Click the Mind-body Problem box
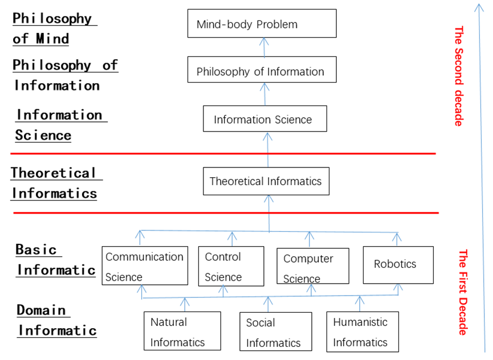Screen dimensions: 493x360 point(262,23)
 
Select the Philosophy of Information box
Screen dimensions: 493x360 point(262,69)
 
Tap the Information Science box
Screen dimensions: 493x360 point(265,118)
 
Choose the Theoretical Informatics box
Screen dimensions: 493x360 point(266,181)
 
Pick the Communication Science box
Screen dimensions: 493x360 point(145,266)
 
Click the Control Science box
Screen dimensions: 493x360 point(231,267)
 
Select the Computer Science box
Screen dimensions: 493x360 point(313,266)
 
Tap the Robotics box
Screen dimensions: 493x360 point(398,265)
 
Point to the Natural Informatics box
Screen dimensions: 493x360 point(182,331)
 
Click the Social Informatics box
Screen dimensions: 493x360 point(276,332)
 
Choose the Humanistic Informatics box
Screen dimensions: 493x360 point(362,332)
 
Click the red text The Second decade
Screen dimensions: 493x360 point(459,76)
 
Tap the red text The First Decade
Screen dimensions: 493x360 point(463,292)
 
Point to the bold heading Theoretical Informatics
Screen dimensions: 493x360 point(54,183)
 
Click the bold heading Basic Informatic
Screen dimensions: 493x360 point(56,260)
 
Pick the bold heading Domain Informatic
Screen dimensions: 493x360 point(56,321)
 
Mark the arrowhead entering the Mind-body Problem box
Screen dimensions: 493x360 point(264,42)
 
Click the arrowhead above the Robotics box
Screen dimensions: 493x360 point(397,237)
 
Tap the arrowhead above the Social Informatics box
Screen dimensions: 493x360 point(268,301)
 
